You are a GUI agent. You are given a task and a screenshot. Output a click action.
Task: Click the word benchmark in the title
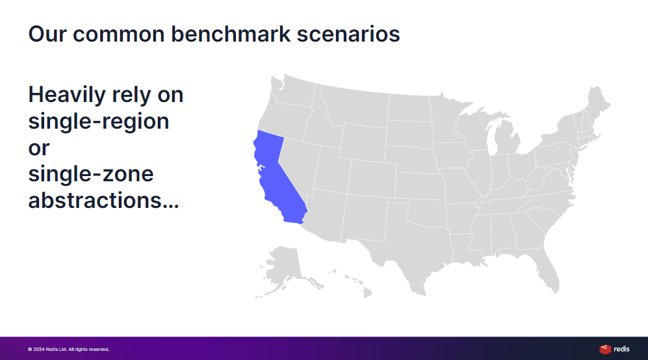click(231, 34)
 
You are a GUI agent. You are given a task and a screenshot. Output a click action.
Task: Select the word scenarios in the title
click(348, 34)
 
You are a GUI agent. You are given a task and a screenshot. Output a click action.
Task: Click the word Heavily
click(67, 96)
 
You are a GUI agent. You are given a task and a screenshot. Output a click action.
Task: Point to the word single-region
click(99, 122)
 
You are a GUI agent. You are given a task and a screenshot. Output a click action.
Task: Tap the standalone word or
click(39, 148)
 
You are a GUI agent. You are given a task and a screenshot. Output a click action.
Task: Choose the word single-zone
click(91, 174)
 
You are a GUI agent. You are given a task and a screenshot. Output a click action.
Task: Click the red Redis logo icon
click(605, 349)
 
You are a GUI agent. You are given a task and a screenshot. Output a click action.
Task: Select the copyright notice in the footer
click(69, 349)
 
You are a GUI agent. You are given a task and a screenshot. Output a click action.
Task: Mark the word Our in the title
click(47, 34)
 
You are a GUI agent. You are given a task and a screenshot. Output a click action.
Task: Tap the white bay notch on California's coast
click(261, 168)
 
